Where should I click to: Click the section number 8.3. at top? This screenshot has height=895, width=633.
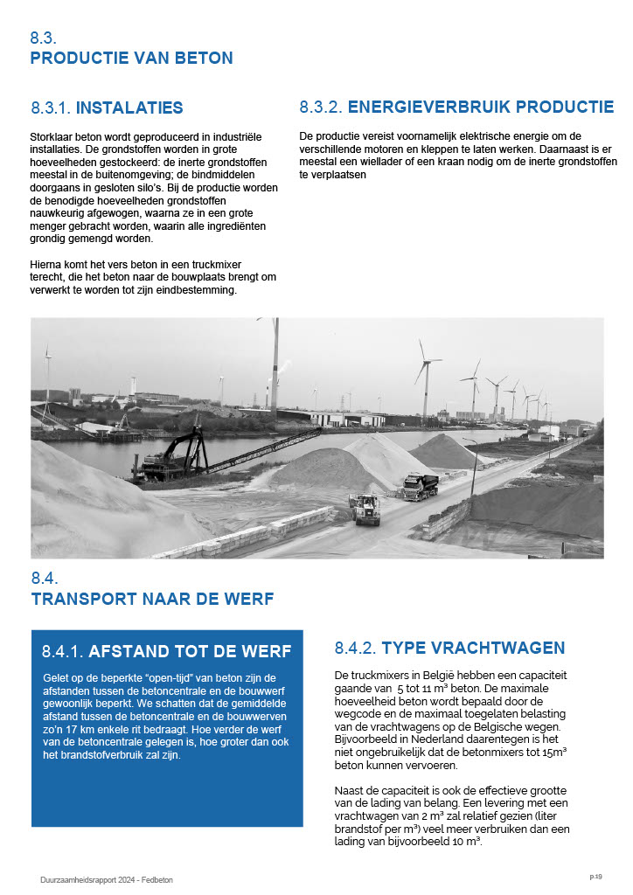click(43, 38)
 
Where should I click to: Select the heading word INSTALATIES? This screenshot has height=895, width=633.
click(129, 108)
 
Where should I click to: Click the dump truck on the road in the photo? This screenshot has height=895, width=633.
click(420, 486)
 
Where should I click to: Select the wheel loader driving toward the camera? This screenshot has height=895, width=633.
click(365, 509)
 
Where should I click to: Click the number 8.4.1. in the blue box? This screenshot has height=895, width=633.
click(62, 652)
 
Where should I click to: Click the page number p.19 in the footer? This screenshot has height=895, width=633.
click(595, 876)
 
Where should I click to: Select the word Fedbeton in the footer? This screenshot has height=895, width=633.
click(158, 880)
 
